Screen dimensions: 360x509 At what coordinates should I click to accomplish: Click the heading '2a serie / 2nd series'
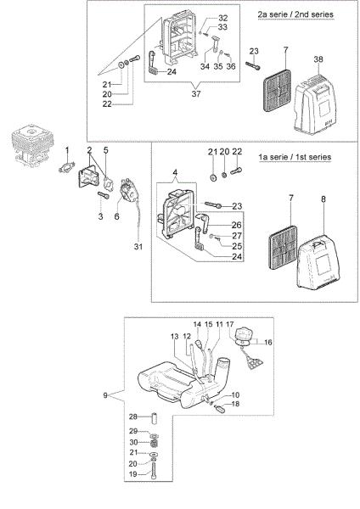click(x=295, y=14)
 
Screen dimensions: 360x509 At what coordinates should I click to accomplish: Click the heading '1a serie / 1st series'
click(x=295, y=157)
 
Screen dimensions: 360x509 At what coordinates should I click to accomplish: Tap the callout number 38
click(x=318, y=59)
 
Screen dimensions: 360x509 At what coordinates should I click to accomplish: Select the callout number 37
click(x=196, y=94)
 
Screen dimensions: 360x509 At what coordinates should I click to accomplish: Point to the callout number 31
click(x=138, y=247)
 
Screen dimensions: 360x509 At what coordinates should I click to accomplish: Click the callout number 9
click(x=105, y=395)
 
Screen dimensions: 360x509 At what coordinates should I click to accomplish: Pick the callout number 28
click(x=133, y=417)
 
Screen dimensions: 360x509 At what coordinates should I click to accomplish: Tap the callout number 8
click(x=323, y=199)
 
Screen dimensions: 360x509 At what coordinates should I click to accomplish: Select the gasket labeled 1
click(x=67, y=167)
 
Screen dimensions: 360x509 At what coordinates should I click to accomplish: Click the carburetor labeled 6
click(x=129, y=191)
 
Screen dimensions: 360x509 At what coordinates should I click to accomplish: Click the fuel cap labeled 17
click(x=243, y=334)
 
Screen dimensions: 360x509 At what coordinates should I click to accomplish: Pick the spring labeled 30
click(x=155, y=443)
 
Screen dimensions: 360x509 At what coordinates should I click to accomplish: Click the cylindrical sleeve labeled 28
click(x=155, y=417)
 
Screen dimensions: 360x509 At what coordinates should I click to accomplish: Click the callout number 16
click(x=268, y=342)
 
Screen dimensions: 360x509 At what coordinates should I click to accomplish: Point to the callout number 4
click(x=175, y=172)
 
